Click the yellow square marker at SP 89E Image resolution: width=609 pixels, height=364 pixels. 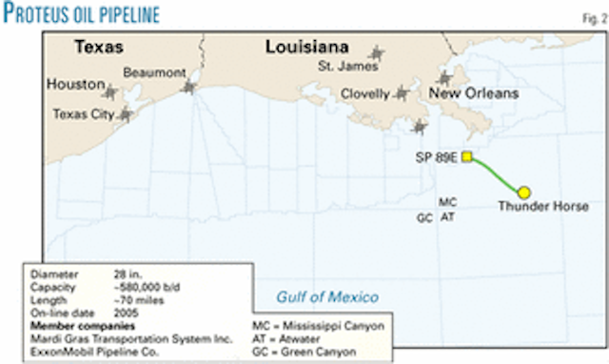click(x=467, y=158)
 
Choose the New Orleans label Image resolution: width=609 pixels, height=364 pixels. click(x=474, y=93)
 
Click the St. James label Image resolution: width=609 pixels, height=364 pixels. click(x=342, y=67)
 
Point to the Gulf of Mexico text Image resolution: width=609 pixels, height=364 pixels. click(x=327, y=296)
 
